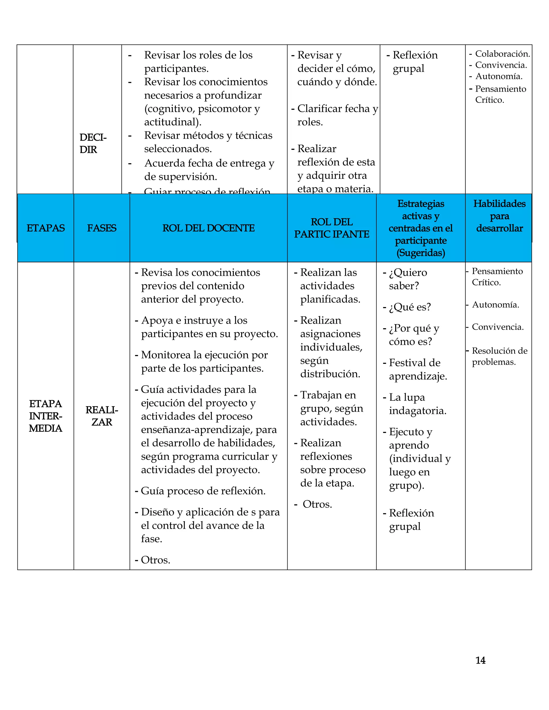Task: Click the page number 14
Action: (480, 660)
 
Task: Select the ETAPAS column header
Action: (46, 228)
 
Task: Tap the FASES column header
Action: (102, 228)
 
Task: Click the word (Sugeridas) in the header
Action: (421, 253)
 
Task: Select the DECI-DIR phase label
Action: (93, 143)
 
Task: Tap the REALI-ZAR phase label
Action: (102, 416)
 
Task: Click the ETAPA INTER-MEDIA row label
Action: (46, 416)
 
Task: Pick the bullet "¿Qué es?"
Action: (410, 307)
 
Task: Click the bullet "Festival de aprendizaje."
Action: (418, 369)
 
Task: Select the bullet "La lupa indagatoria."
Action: (417, 404)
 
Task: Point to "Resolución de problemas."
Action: (499, 356)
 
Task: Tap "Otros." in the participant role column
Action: (317, 504)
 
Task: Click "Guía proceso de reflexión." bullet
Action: (203, 491)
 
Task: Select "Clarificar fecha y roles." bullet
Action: (337, 115)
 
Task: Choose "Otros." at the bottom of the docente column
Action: (155, 560)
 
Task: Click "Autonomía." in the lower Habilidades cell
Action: (495, 305)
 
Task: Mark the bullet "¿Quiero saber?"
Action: (407, 279)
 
